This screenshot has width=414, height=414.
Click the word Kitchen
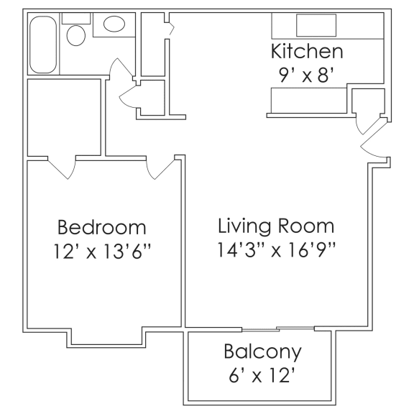306,52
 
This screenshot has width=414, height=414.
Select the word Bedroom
102,228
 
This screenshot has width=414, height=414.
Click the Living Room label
276,226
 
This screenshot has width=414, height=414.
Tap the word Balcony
262,352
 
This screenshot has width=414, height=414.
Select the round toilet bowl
75,35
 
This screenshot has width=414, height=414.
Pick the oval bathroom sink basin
114,25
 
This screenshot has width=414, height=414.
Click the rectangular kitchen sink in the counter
316,25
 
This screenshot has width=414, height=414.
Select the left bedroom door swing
61,167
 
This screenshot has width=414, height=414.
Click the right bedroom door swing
160,167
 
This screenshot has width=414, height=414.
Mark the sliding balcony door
278,329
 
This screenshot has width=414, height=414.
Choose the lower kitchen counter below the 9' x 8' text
308,100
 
